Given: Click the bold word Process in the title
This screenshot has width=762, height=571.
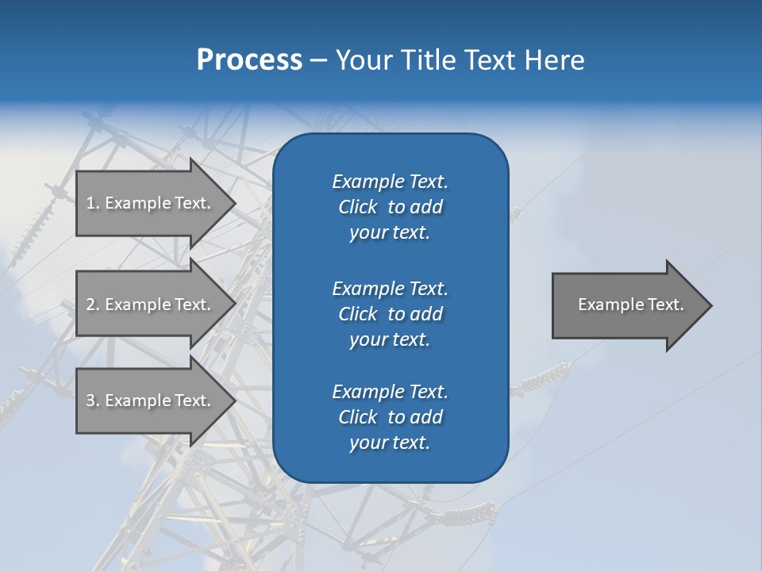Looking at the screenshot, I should coord(249,60).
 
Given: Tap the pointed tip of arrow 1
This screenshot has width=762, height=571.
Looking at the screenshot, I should coord(233,204).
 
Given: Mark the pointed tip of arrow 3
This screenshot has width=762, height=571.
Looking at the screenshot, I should coord(233,401).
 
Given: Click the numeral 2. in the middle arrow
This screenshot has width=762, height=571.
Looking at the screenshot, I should coord(93,305).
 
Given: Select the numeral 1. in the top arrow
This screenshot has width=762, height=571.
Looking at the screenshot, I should coord(93,203).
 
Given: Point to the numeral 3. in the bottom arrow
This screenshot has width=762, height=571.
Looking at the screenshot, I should coord(93,401).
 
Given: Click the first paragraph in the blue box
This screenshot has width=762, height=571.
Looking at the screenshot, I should coord(390,207).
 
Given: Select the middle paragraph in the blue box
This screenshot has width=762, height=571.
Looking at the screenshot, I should coord(390,314).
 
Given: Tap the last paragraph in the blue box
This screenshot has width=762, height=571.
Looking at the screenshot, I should coord(390,417).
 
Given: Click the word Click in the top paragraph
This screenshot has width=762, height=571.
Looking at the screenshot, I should coord(358,207).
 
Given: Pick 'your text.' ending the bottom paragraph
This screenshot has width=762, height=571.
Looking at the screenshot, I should coord(390,443).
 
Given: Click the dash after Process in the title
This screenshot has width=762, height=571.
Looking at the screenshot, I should coord(318,61).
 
